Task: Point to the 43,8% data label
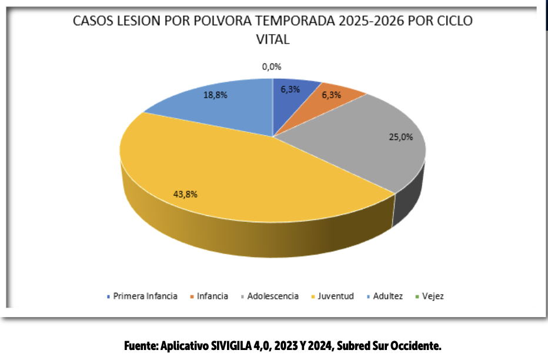pyautogui.click(x=185, y=194)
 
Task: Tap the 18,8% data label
pyautogui.click(x=215, y=95)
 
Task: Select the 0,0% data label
pyautogui.click(x=272, y=67)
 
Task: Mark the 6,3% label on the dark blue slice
pyautogui.click(x=290, y=89)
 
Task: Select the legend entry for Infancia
pyautogui.click(x=212, y=296)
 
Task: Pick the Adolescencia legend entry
pyautogui.click(x=273, y=296)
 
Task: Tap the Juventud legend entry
pyautogui.click(x=336, y=296)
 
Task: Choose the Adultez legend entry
pyautogui.click(x=387, y=296)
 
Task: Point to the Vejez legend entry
pyautogui.click(x=432, y=296)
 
